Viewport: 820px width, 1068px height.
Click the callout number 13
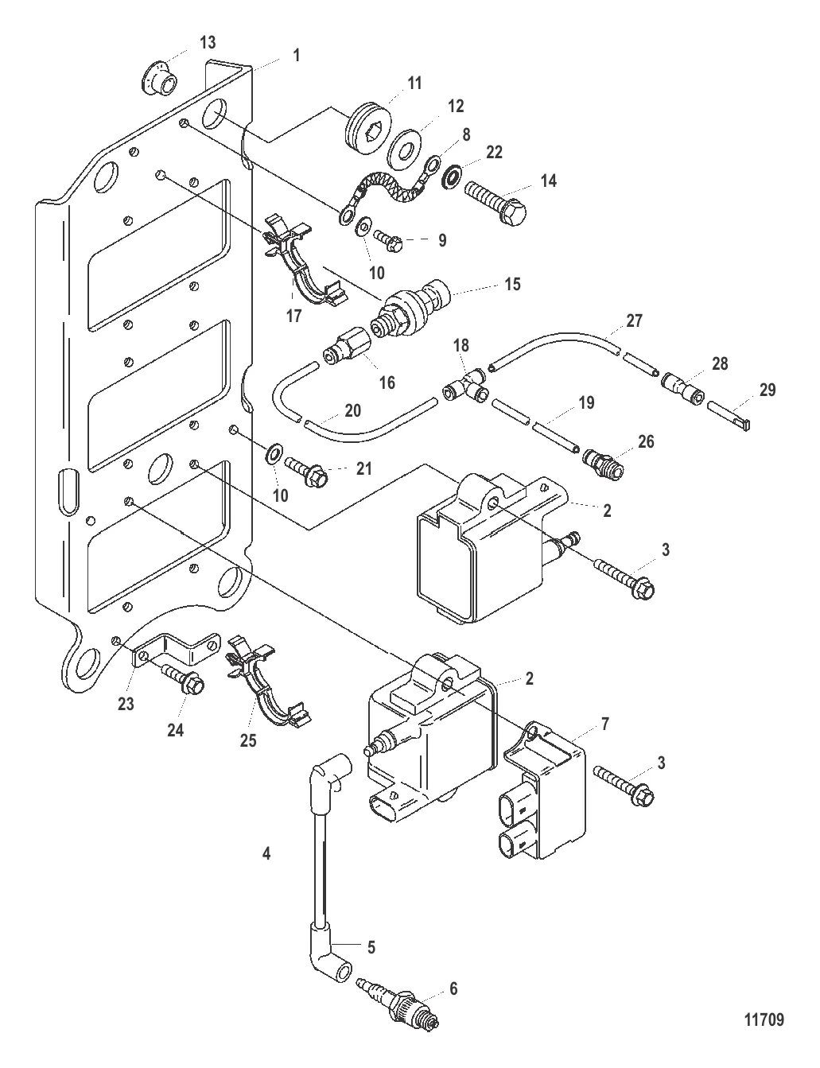(208, 43)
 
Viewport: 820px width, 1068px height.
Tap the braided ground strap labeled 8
(388, 189)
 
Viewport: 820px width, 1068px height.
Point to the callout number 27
(634, 320)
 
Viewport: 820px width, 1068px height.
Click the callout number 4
(266, 853)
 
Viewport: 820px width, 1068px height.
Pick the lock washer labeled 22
(451, 177)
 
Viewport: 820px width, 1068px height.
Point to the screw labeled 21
(306, 471)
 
